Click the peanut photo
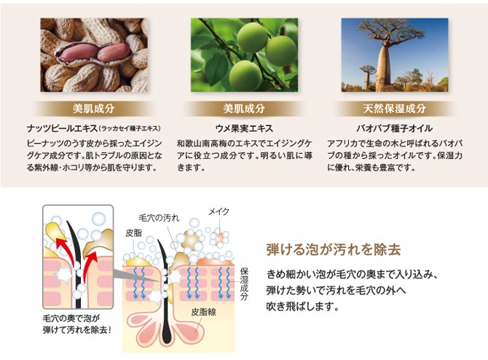pos(94,55)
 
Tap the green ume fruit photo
pos(244,55)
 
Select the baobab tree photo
pos(395,55)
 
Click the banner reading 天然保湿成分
pos(394,109)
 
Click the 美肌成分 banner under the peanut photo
pos(94,109)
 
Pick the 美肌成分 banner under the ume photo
pos(244,109)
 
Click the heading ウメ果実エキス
pos(244,128)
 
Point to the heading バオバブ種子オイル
pos(394,128)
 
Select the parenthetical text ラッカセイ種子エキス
pos(130,128)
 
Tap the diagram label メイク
pos(219,211)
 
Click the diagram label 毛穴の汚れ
pos(159,218)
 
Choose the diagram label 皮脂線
pos(203,312)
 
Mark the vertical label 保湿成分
pos(244,283)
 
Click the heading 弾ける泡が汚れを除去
pos(334,249)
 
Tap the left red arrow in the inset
pos(66,251)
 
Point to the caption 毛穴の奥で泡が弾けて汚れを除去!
pos(77,324)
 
